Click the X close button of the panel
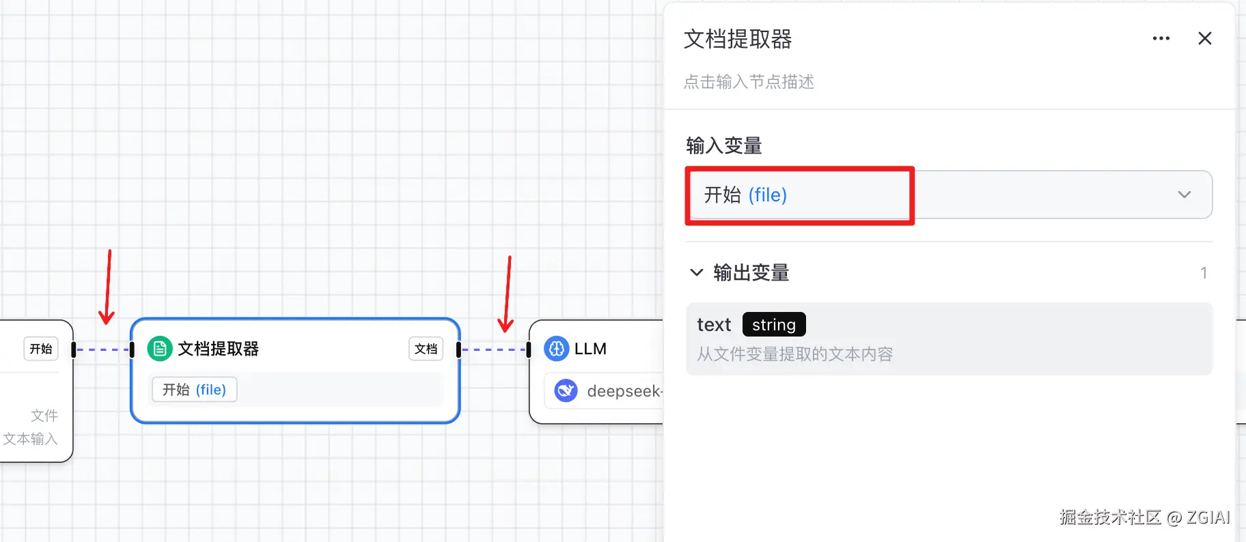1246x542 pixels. pos(1204,38)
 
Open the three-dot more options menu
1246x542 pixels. pos(1161,38)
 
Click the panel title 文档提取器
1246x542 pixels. pos(738,39)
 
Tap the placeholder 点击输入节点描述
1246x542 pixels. pos(749,82)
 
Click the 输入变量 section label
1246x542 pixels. pos(724,145)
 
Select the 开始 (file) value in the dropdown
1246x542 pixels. pos(745,195)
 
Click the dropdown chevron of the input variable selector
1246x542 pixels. pos(1184,195)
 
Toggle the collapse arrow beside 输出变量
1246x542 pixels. pos(697,272)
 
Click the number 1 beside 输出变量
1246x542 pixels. pos(1204,273)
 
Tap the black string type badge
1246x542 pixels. pos(774,324)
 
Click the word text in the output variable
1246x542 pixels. pos(714,325)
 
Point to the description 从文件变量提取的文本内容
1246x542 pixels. pos(795,354)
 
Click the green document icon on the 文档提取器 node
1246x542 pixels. pos(160,349)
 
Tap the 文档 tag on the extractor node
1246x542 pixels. pos(426,349)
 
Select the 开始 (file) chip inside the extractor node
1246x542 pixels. pos(194,390)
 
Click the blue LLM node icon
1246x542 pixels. pos(556,349)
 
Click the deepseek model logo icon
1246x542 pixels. pos(566,390)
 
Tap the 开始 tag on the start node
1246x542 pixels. pos(41,349)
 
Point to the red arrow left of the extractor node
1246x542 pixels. pos(107,287)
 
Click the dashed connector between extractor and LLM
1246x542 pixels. pos(493,350)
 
